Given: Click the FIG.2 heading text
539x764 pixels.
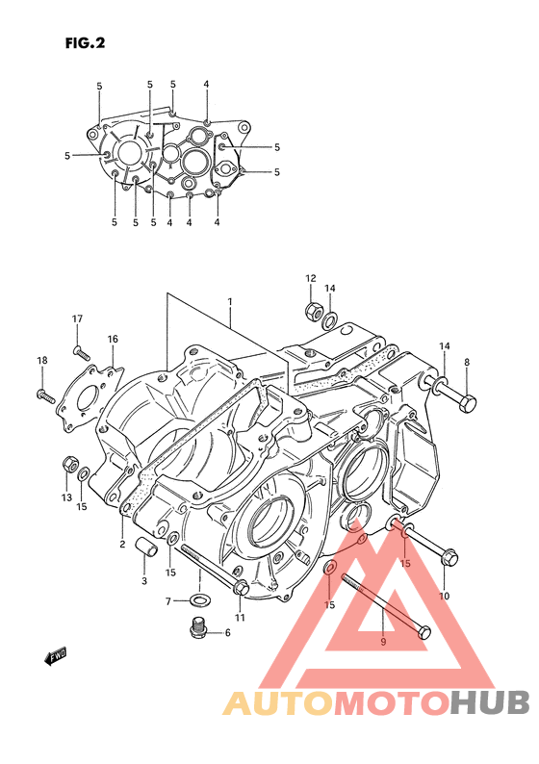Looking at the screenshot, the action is (x=86, y=43).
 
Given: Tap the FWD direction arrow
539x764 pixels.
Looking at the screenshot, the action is (x=55, y=655).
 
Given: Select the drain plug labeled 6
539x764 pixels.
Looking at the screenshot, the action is (x=198, y=628).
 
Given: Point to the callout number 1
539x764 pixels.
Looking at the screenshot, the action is (x=229, y=301).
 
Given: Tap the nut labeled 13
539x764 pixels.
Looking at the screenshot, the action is (x=69, y=464).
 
